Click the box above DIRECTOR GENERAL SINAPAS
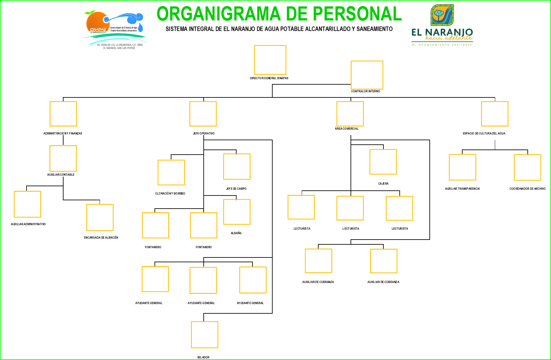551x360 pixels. [270, 60]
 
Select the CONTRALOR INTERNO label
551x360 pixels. [365, 91]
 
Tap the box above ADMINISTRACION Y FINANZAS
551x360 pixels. [63, 114]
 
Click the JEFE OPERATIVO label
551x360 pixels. [204, 134]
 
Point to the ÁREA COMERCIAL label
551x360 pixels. [346, 129]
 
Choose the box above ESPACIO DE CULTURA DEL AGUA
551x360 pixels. [494, 114]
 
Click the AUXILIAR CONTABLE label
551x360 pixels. [61, 175]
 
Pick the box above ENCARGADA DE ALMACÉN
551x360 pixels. [100, 218]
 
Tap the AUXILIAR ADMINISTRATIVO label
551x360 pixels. [28, 224]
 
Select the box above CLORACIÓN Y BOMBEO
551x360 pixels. [171, 172]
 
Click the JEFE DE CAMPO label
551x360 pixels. [236, 189]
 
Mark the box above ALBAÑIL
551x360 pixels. [237, 212]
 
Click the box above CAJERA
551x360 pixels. [383, 162]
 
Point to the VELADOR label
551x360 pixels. [203, 357]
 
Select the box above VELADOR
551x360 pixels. [205, 335]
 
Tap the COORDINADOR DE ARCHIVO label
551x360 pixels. [527, 189]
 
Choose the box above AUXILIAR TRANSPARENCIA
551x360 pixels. [462, 167]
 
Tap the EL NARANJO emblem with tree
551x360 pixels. [442, 15]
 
